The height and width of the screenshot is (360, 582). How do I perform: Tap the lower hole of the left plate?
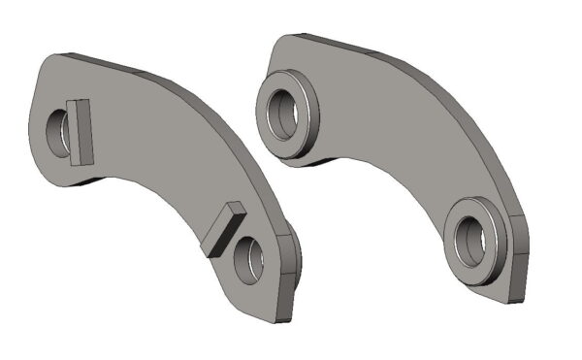[247, 259]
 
